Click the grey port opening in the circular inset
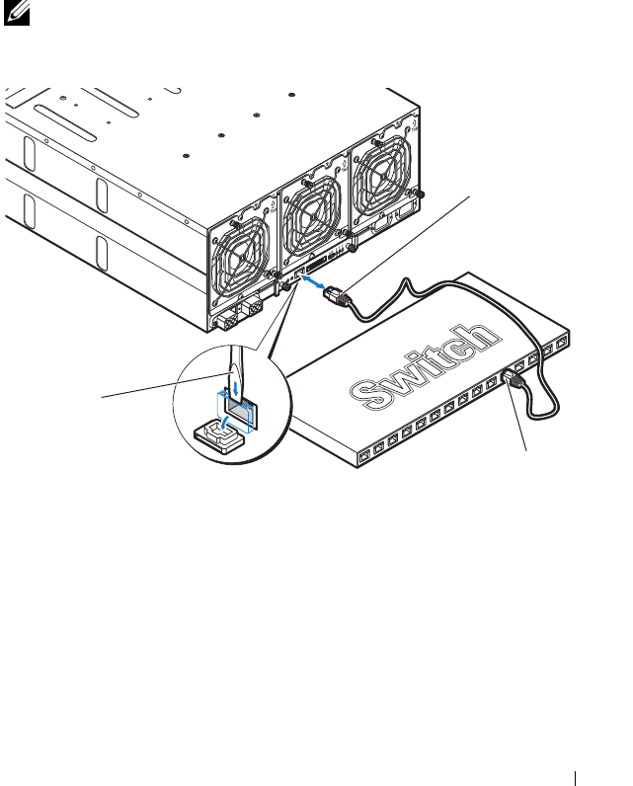(x=240, y=402)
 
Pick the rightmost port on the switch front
(x=562, y=343)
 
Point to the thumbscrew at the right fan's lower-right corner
(x=422, y=193)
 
